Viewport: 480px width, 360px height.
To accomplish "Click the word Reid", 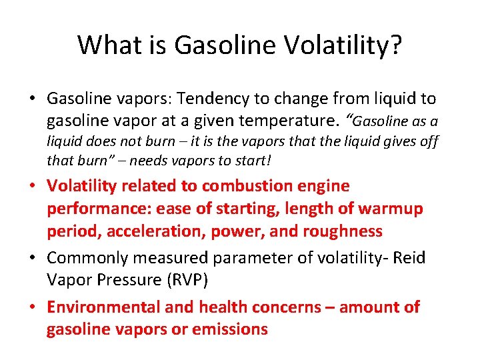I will (x=407, y=258).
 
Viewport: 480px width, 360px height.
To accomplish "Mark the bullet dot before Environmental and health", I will (x=33, y=308).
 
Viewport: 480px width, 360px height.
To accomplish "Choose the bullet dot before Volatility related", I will (x=33, y=187).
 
